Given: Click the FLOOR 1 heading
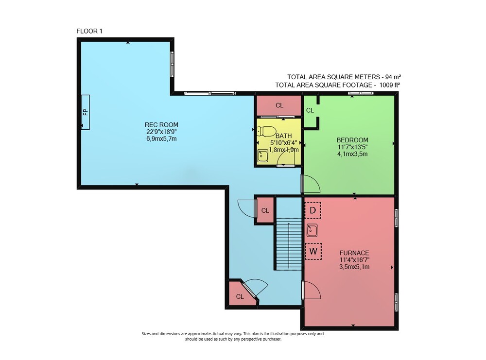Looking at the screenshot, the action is pyautogui.click(x=89, y=31).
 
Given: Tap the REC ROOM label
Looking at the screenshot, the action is pyautogui.click(x=161, y=125).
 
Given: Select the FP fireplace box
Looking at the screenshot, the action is pyautogui.click(x=85, y=112).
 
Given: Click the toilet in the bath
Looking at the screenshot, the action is pyautogui.click(x=266, y=131).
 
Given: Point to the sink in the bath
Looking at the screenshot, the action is pyautogui.click(x=263, y=155).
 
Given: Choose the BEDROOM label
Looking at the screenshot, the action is pyautogui.click(x=352, y=140).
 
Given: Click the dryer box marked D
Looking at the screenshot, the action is pyautogui.click(x=312, y=210).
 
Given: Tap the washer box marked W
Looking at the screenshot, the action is pyautogui.click(x=313, y=251).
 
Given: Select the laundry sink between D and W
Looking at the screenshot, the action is pyautogui.click(x=312, y=230).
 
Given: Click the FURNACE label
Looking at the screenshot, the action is pyautogui.click(x=354, y=253).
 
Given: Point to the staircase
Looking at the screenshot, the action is pyautogui.click(x=289, y=244).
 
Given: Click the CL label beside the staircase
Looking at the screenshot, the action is pyautogui.click(x=265, y=211).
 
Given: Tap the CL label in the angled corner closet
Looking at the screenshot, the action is pyautogui.click(x=240, y=297).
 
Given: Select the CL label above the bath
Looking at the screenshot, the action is pyautogui.click(x=279, y=105).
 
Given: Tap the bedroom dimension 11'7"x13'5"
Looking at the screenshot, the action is pyautogui.click(x=352, y=147).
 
